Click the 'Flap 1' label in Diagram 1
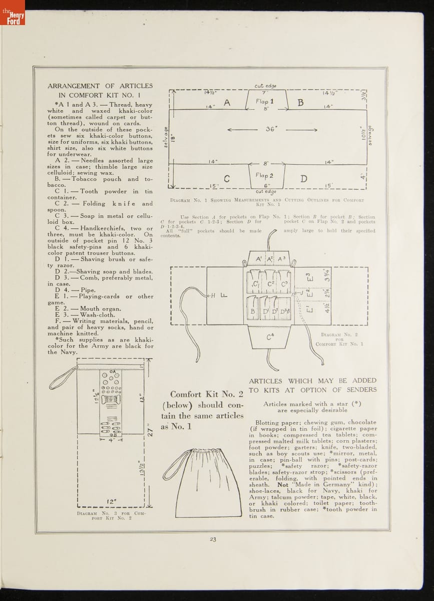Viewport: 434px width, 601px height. (265, 102)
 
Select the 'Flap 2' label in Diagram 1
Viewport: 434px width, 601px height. (264, 176)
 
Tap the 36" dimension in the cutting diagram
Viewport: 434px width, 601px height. (271, 129)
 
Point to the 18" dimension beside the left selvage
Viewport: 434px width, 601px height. (172, 137)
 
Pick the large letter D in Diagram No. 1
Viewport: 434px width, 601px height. (304, 179)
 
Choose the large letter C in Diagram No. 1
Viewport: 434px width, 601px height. (226, 179)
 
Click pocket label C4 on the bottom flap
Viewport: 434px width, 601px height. (270, 337)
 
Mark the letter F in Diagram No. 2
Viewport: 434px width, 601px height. (223, 295)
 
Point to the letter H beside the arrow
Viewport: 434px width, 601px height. (213, 295)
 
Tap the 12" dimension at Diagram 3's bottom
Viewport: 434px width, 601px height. (112, 501)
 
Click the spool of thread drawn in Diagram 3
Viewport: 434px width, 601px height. (111, 399)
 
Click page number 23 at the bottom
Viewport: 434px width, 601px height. (213, 539)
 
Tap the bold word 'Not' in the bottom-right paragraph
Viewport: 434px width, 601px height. (283, 485)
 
